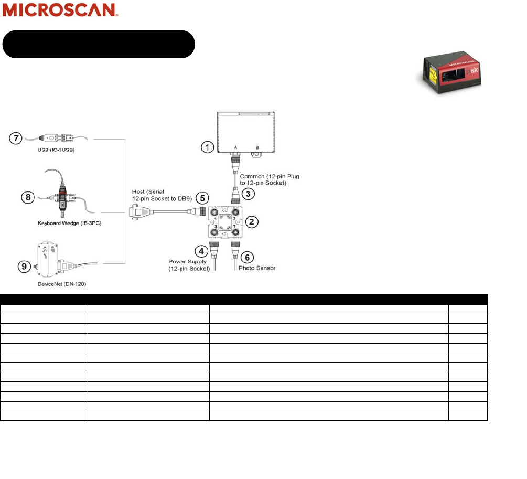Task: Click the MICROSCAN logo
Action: [61, 10]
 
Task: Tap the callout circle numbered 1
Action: [208, 147]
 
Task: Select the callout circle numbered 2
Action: [252, 221]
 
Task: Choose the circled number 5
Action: [201, 199]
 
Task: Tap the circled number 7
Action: [16, 139]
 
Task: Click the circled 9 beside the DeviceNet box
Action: [23, 267]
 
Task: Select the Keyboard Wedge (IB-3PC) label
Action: [69, 223]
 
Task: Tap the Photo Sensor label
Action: [257, 268]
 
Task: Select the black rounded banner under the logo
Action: [99, 44]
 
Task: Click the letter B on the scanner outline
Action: [257, 147]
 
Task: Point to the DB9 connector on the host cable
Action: [137, 212]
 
